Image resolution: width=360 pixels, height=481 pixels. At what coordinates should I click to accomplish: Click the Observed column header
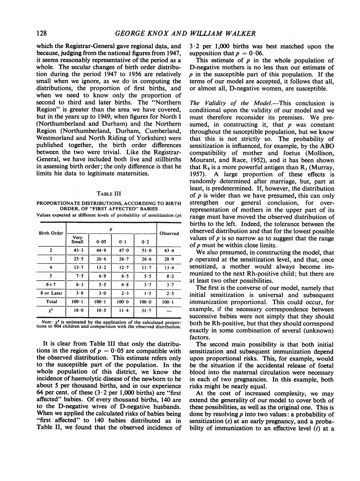[169, 233]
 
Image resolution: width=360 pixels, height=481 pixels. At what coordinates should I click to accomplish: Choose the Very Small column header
[77, 240]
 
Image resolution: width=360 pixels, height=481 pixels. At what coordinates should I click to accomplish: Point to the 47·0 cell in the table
[123, 251]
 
